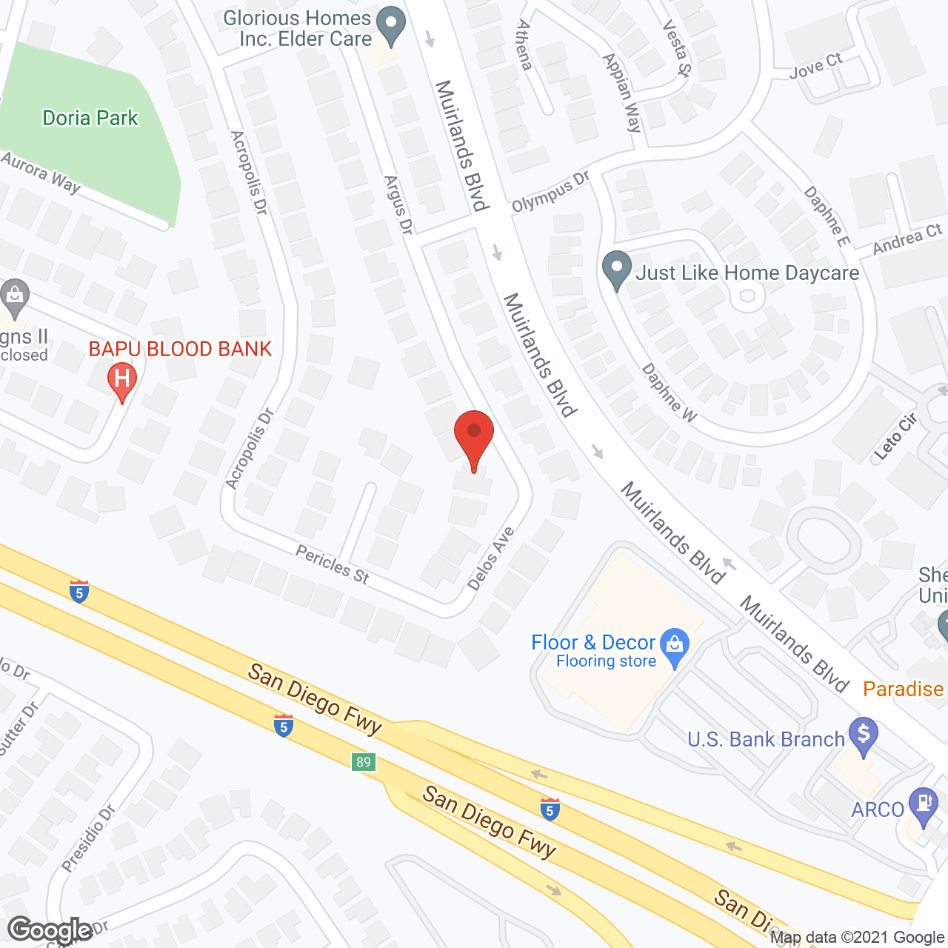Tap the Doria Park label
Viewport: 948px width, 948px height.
coord(90,118)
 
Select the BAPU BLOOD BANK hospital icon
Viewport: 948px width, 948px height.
coord(122,379)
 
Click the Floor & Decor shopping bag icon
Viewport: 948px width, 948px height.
coord(675,644)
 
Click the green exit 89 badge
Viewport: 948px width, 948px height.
coord(363,762)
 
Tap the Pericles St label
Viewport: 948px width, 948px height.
coord(332,564)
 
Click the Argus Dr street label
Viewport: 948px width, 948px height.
coord(398,205)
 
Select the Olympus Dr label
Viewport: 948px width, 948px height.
coord(550,192)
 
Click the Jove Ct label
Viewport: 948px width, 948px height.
coord(815,66)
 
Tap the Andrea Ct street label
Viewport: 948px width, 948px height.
coord(907,239)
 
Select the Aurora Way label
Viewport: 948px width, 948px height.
coord(41,172)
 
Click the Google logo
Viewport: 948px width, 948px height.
coord(50,929)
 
